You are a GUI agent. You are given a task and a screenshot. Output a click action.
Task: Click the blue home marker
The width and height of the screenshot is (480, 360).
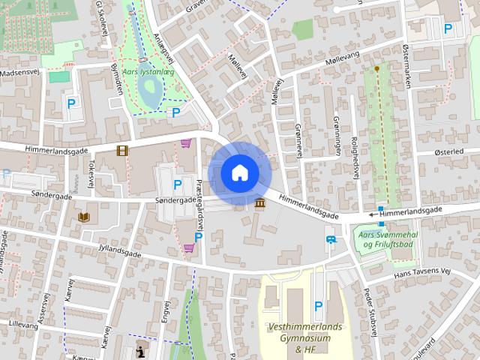(x=239, y=173)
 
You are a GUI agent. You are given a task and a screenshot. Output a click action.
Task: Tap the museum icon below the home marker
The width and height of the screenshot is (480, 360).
(x=260, y=204)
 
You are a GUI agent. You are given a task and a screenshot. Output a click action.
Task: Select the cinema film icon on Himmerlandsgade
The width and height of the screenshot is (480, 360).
(x=121, y=151)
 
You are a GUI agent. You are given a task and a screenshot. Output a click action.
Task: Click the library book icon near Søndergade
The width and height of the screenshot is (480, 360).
(x=85, y=217)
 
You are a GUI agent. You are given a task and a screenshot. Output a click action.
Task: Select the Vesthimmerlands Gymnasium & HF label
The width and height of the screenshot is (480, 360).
(x=304, y=338)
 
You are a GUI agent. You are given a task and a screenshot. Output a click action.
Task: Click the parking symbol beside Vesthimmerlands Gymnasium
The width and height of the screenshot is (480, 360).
(x=318, y=306)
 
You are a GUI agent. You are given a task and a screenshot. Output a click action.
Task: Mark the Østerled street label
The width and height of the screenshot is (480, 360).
(x=449, y=152)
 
